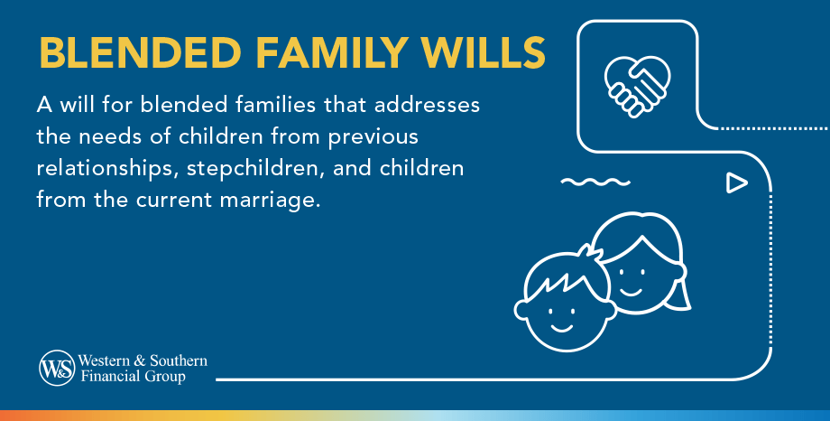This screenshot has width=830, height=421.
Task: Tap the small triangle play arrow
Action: (x=736, y=183)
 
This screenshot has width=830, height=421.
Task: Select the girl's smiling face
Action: (x=637, y=271)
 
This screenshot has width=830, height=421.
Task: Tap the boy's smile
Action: (x=563, y=323)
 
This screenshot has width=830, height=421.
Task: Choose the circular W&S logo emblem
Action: (x=56, y=368)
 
